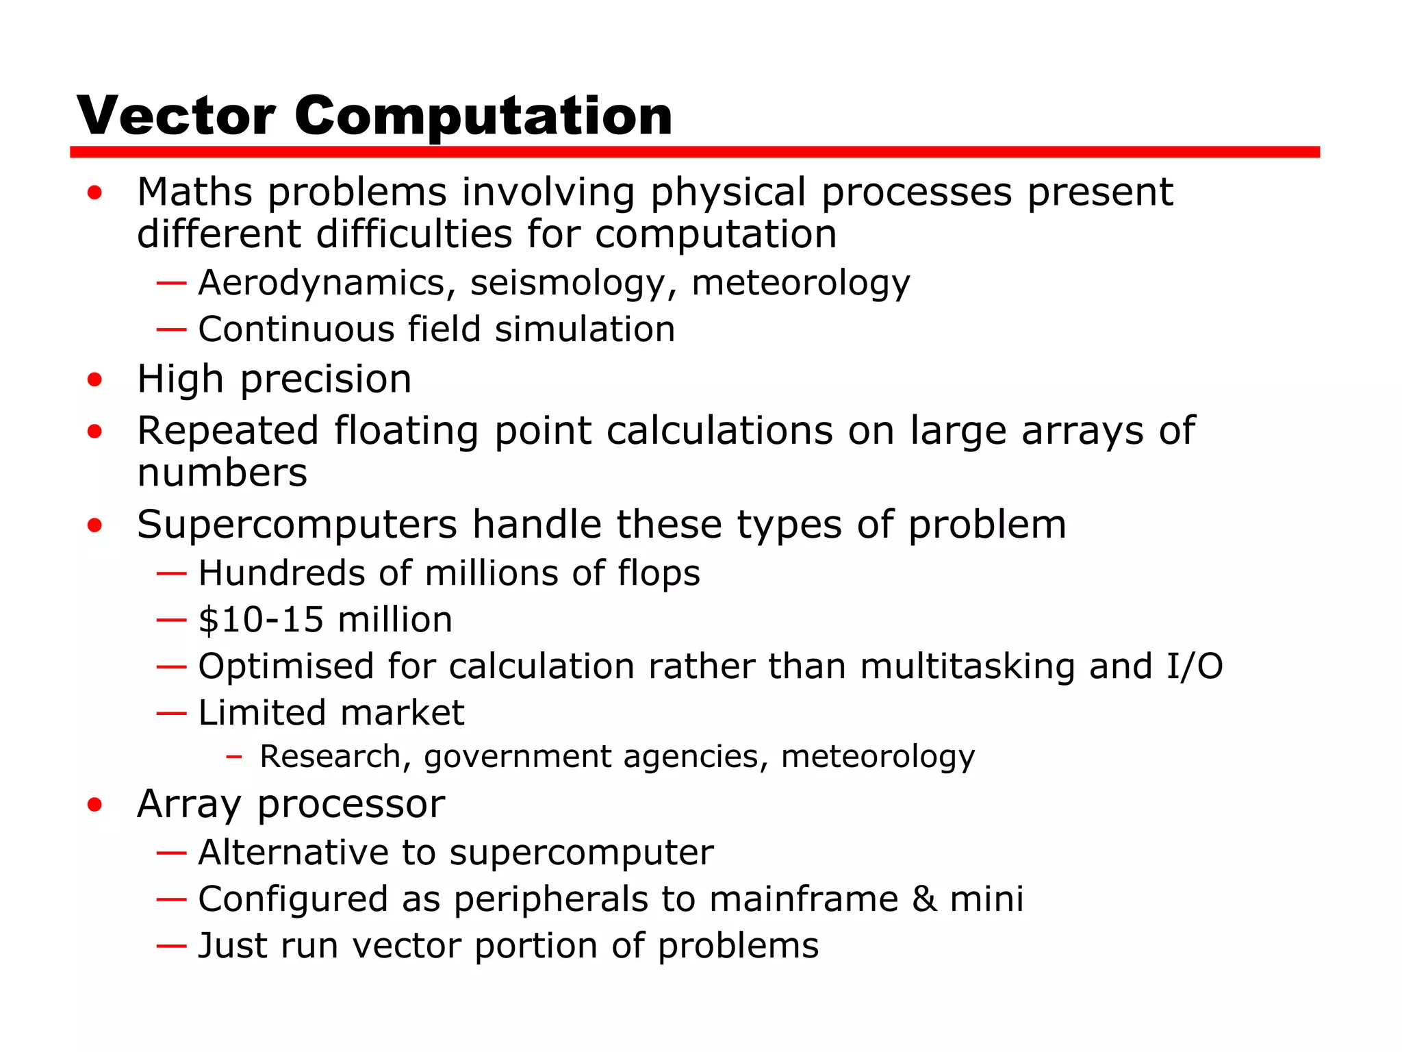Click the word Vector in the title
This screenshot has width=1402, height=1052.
tap(176, 116)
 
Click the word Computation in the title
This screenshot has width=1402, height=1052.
tap(483, 116)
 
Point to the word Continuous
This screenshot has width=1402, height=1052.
tap(296, 329)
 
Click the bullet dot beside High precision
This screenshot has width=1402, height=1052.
tap(94, 379)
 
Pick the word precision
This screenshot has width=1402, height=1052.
tap(326, 379)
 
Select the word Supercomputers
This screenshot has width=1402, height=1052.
tap(297, 525)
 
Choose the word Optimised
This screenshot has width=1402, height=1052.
tap(286, 666)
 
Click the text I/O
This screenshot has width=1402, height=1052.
tap(1195, 666)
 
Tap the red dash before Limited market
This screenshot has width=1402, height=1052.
tap(171, 713)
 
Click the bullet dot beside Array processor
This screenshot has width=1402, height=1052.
tap(94, 805)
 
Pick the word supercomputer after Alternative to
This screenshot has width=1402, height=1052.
tap(581, 853)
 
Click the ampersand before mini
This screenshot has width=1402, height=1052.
tap(924, 899)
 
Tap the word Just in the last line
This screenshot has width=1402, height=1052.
tap(233, 946)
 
